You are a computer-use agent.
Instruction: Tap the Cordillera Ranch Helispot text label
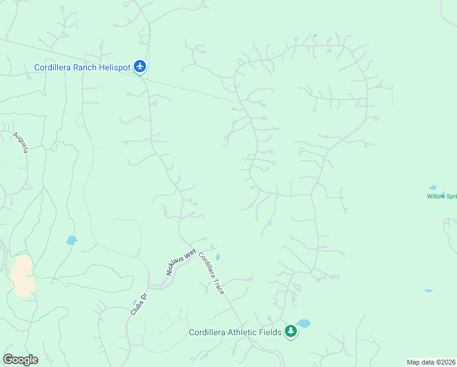coord(84,67)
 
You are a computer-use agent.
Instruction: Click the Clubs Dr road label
coord(139,304)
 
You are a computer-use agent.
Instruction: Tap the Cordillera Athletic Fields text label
coord(235,332)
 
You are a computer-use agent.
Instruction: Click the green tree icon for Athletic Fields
coord(291,332)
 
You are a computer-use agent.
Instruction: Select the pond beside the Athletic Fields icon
coord(304,323)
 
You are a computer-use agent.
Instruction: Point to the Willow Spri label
coord(442,196)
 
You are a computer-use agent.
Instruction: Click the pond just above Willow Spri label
coord(433,188)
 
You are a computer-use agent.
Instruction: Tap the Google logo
coord(20,360)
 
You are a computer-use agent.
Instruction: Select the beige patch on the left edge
coord(23,275)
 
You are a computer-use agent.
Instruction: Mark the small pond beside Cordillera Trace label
coord(218,258)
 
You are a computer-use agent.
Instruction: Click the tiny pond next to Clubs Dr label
coord(135,302)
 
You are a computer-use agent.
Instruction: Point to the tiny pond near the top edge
coord(315,35)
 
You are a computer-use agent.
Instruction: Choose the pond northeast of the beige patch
coord(72,240)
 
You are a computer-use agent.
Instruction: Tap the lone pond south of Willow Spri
coord(428,291)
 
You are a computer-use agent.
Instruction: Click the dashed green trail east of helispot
coord(196,91)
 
